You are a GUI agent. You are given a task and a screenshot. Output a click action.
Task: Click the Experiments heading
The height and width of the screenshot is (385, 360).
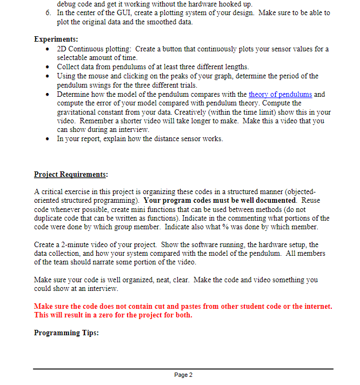(56, 39)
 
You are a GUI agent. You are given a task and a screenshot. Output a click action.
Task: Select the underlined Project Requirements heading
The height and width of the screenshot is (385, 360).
(71, 174)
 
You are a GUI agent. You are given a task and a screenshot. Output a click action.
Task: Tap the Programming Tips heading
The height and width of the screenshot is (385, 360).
(66, 333)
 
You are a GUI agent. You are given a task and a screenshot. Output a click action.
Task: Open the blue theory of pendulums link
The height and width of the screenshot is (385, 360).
(280, 94)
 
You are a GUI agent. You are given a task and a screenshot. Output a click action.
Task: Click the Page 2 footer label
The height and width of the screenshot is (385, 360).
(183, 375)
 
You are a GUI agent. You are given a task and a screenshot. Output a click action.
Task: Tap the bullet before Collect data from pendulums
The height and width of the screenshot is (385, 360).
(49, 67)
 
